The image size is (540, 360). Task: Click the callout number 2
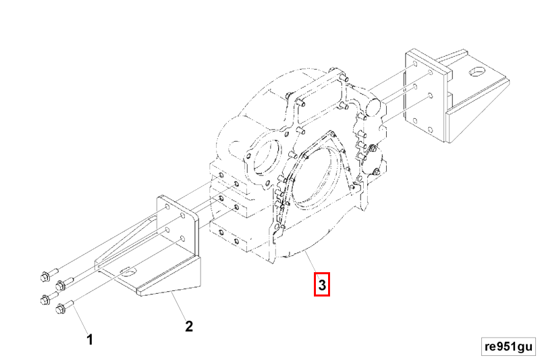[x=190, y=327]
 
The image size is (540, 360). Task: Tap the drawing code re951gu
[x=508, y=346]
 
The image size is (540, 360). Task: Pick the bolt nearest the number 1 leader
[x=61, y=309]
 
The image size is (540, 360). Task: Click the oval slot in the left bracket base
[x=127, y=272]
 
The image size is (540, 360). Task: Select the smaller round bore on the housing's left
[x=265, y=157]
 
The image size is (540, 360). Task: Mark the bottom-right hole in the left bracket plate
[x=182, y=240]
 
